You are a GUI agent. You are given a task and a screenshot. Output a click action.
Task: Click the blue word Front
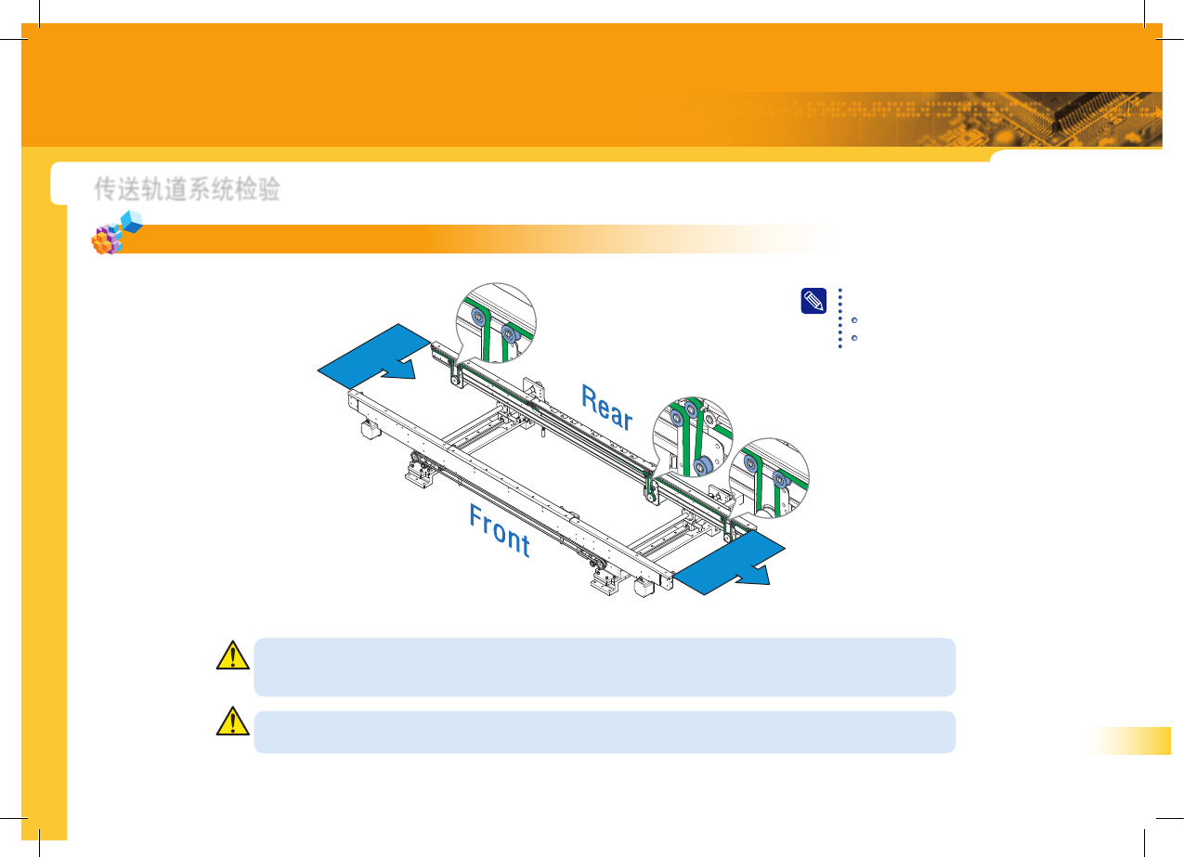point(500,530)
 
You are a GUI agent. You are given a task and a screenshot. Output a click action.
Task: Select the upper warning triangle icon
point(232,656)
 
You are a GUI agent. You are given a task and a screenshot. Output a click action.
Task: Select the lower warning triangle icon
point(232,722)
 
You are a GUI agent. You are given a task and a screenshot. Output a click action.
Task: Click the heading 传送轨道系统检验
point(187,189)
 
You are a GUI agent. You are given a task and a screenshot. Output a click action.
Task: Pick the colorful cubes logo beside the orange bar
point(115,234)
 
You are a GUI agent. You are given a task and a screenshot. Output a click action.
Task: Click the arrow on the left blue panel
point(397,370)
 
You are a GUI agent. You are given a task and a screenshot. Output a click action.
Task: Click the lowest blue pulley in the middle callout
point(702,463)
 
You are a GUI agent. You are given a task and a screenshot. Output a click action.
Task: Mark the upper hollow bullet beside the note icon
point(853,320)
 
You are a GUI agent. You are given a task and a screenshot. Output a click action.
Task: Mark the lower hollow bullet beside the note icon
point(853,336)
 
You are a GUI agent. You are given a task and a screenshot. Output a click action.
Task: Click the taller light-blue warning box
point(604,667)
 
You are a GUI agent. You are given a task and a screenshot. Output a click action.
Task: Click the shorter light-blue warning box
point(604,732)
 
